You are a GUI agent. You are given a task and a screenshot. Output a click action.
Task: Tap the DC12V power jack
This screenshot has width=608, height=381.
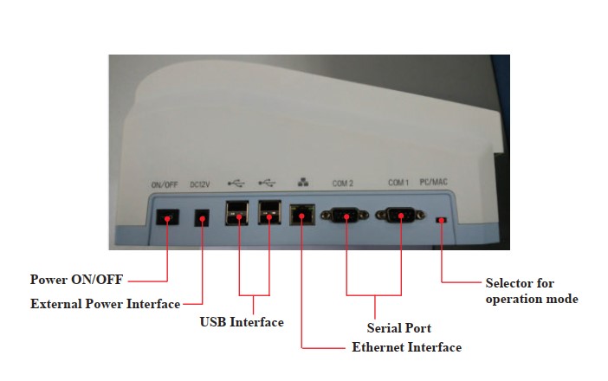tap(203, 218)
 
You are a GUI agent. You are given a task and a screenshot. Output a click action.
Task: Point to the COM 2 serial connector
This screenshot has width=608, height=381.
tap(346, 216)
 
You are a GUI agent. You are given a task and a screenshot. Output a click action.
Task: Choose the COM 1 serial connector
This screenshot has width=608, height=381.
tap(401, 216)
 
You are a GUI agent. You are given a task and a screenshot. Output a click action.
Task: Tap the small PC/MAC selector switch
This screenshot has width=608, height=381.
tap(441, 221)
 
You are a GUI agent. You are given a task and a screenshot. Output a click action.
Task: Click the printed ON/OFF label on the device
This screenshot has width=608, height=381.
tap(165, 184)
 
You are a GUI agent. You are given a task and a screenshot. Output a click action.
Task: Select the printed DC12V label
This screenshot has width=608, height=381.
tap(201, 184)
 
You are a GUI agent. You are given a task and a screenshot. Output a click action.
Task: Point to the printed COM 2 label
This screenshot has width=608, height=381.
tap(343, 184)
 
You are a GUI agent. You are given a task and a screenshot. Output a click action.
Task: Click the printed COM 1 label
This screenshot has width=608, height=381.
tap(398, 184)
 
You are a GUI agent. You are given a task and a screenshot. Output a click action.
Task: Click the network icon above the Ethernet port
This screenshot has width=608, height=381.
tap(301, 184)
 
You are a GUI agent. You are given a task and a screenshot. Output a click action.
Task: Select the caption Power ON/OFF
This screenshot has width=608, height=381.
tap(76, 281)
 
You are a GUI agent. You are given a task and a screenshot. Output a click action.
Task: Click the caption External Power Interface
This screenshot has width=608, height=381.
tap(105, 304)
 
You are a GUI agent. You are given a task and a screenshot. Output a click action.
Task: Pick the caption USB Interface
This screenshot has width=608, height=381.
tap(242, 322)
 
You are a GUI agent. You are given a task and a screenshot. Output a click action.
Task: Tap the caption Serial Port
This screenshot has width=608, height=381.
tap(399, 328)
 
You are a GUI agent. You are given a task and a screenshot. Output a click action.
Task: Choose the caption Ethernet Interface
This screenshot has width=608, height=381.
tap(406, 347)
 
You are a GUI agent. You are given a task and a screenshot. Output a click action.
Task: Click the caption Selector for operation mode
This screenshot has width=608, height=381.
tap(531, 291)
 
